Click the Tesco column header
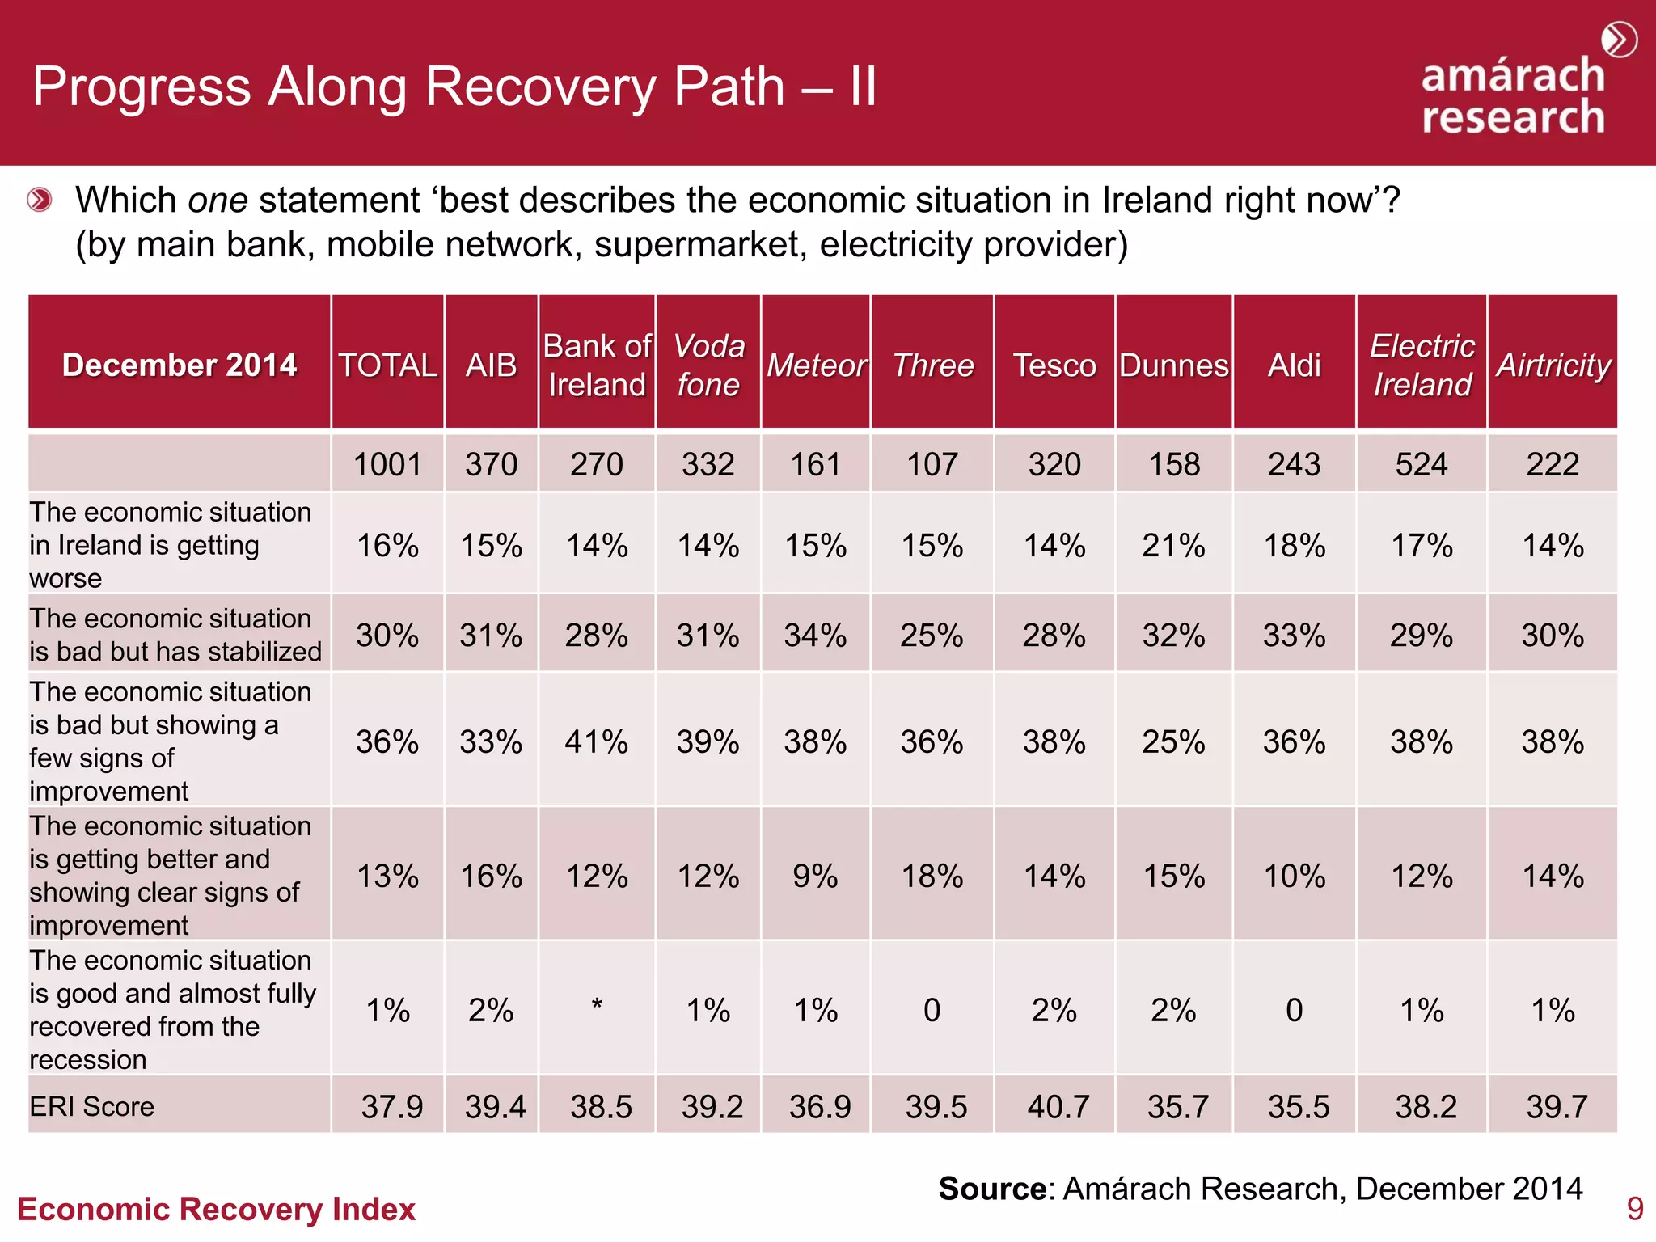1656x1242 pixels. pyautogui.click(x=1054, y=365)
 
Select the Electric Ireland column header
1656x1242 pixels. pyautogui.click(x=1422, y=365)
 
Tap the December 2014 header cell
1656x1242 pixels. pyautogui.click(x=180, y=365)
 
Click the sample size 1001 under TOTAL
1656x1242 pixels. pyautogui.click(x=387, y=465)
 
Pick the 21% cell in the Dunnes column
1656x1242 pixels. pyautogui.click(x=1173, y=546)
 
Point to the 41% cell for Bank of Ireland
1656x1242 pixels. pyautogui.click(x=597, y=741)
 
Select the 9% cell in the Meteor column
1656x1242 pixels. pyautogui.click(x=815, y=877)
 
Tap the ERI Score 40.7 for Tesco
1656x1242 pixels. pyautogui.click(x=1058, y=1106)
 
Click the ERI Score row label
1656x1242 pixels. pyautogui.click(x=92, y=1106)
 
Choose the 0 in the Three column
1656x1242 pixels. pyautogui.click(x=931, y=1011)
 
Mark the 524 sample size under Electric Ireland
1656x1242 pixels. pyautogui.click(x=1422, y=465)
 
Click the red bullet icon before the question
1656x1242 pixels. pyautogui.click(x=40, y=200)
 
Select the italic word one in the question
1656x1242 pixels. pyautogui.click(x=218, y=201)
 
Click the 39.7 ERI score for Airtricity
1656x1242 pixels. pyautogui.click(x=1557, y=1106)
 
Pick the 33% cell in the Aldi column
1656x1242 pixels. pyautogui.click(x=1294, y=636)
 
